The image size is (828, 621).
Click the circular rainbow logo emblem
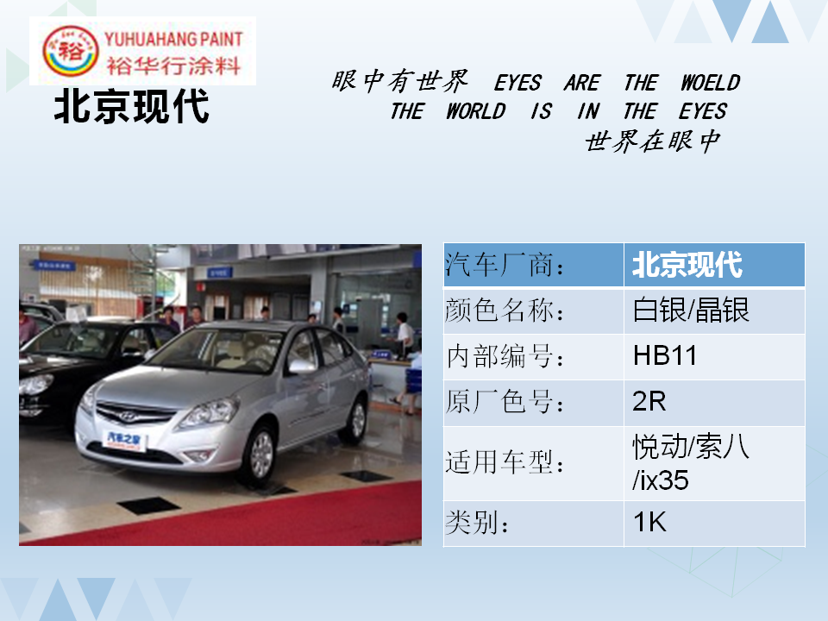coord(70,51)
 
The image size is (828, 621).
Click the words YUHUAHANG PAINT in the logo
coord(173,39)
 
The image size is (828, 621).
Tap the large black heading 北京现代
coord(131,107)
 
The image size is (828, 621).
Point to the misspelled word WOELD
coord(710,83)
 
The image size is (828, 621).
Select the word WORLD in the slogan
coord(476,111)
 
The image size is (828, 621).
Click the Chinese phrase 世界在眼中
coord(653,141)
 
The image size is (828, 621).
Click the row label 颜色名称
coord(505,310)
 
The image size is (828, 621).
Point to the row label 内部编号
coord(505,356)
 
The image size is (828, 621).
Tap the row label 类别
coord(477,523)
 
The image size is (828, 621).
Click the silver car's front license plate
coord(124,440)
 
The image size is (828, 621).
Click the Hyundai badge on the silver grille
coord(128,417)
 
